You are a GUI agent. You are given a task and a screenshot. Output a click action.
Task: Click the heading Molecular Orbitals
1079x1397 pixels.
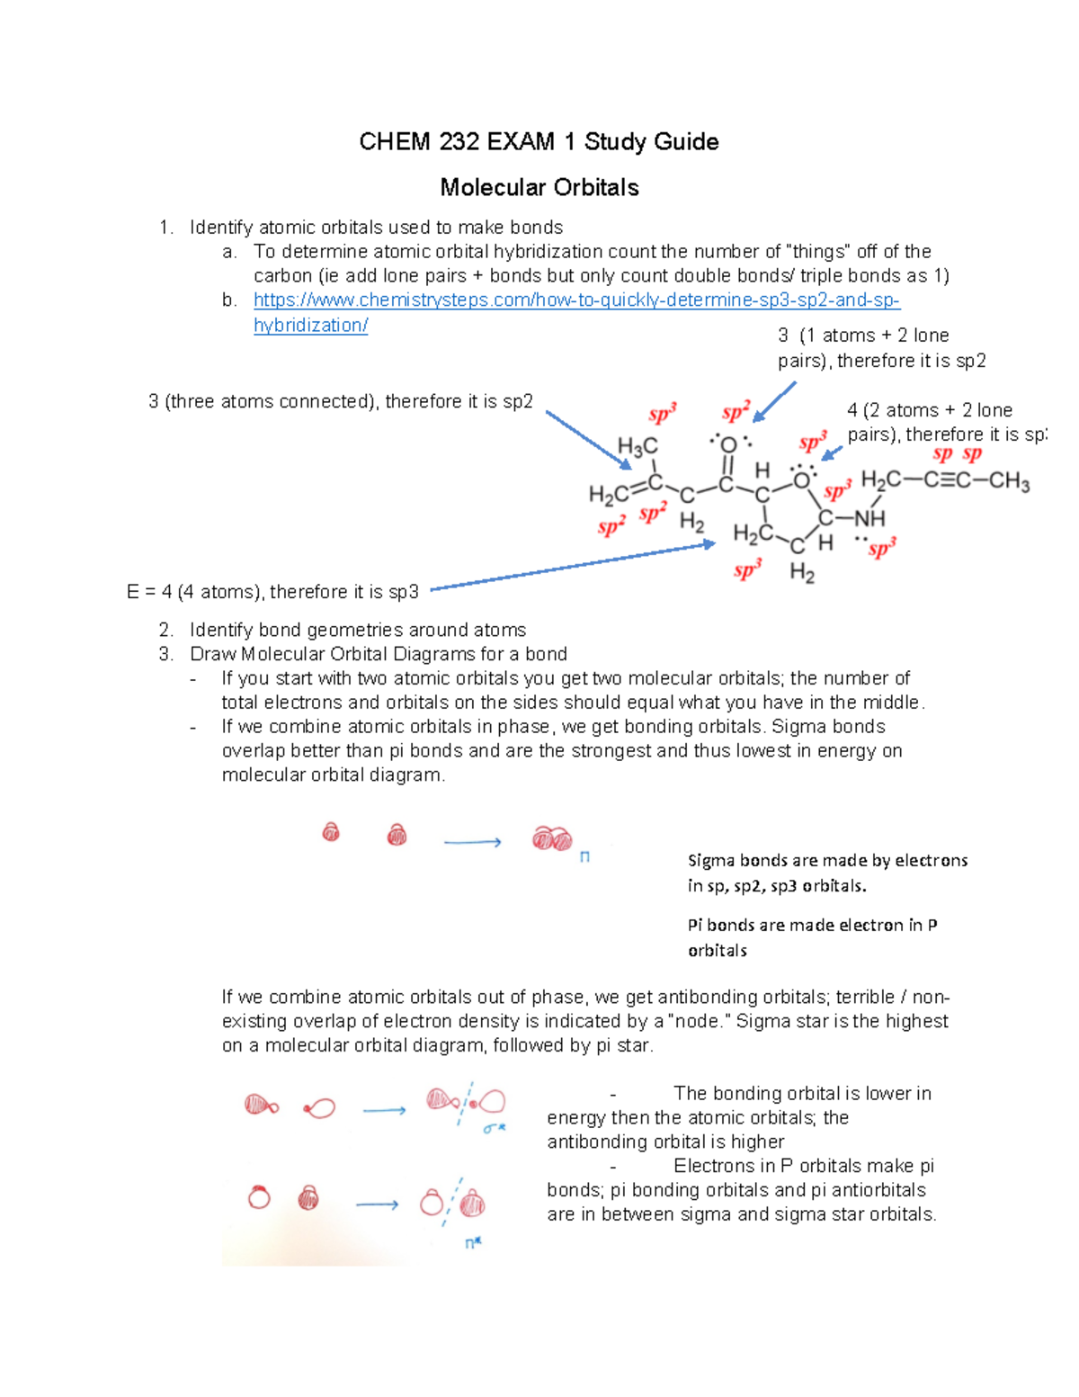(539, 187)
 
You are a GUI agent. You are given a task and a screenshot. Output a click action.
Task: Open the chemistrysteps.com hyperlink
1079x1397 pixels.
(576, 300)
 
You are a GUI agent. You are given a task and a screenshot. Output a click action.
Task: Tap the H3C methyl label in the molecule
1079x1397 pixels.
(638, 446)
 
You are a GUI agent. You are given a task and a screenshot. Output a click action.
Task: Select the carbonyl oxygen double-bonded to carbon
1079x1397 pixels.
(729, 444)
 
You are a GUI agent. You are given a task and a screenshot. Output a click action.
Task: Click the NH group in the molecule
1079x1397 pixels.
(869, 519)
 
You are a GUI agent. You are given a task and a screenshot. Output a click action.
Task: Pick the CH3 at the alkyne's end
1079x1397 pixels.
(1009, 481)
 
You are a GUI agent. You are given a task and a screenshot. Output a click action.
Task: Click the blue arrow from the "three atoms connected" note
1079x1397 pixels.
(588, 440)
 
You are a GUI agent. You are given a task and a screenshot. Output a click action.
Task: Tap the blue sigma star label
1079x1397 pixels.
(495, 1127)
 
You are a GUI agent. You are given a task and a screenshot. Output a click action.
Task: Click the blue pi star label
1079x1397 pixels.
(472, 1243)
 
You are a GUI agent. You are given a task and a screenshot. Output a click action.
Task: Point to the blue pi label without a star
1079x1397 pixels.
(584, 857)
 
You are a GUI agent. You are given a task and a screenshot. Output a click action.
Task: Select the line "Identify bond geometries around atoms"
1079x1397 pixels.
(358, 630)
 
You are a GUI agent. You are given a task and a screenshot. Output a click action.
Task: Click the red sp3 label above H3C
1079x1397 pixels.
(663, 414)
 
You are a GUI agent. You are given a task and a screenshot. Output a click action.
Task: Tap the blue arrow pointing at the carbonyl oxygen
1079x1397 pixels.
(774, 401)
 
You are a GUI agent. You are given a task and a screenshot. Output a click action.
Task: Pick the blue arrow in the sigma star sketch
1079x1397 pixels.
(384, 1111)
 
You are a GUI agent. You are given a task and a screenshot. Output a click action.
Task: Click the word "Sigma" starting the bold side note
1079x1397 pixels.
(711, 861)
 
